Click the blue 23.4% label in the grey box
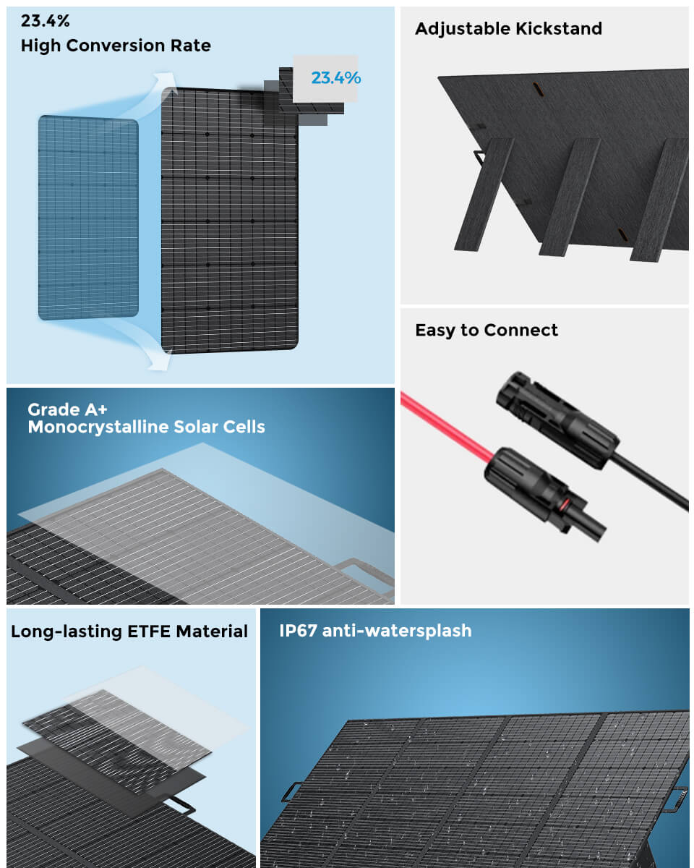tap(335, 78)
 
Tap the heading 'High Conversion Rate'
tap(116, 46)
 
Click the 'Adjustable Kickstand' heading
tap(508, 29)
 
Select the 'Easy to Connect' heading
tap(487, 331)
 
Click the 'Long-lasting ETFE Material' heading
tap(129, 631)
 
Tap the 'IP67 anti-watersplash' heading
tap(375, 631)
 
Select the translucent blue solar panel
tap(88, 218)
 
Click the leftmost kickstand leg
tap(484, 195)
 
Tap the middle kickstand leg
tap(570, 197)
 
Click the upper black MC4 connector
tap(557, 420)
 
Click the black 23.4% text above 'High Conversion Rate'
tap(45, 21)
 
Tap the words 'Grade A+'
tap(67, 409)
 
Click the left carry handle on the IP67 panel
tap(291, 791)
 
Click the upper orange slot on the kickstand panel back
tap(539, 90)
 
